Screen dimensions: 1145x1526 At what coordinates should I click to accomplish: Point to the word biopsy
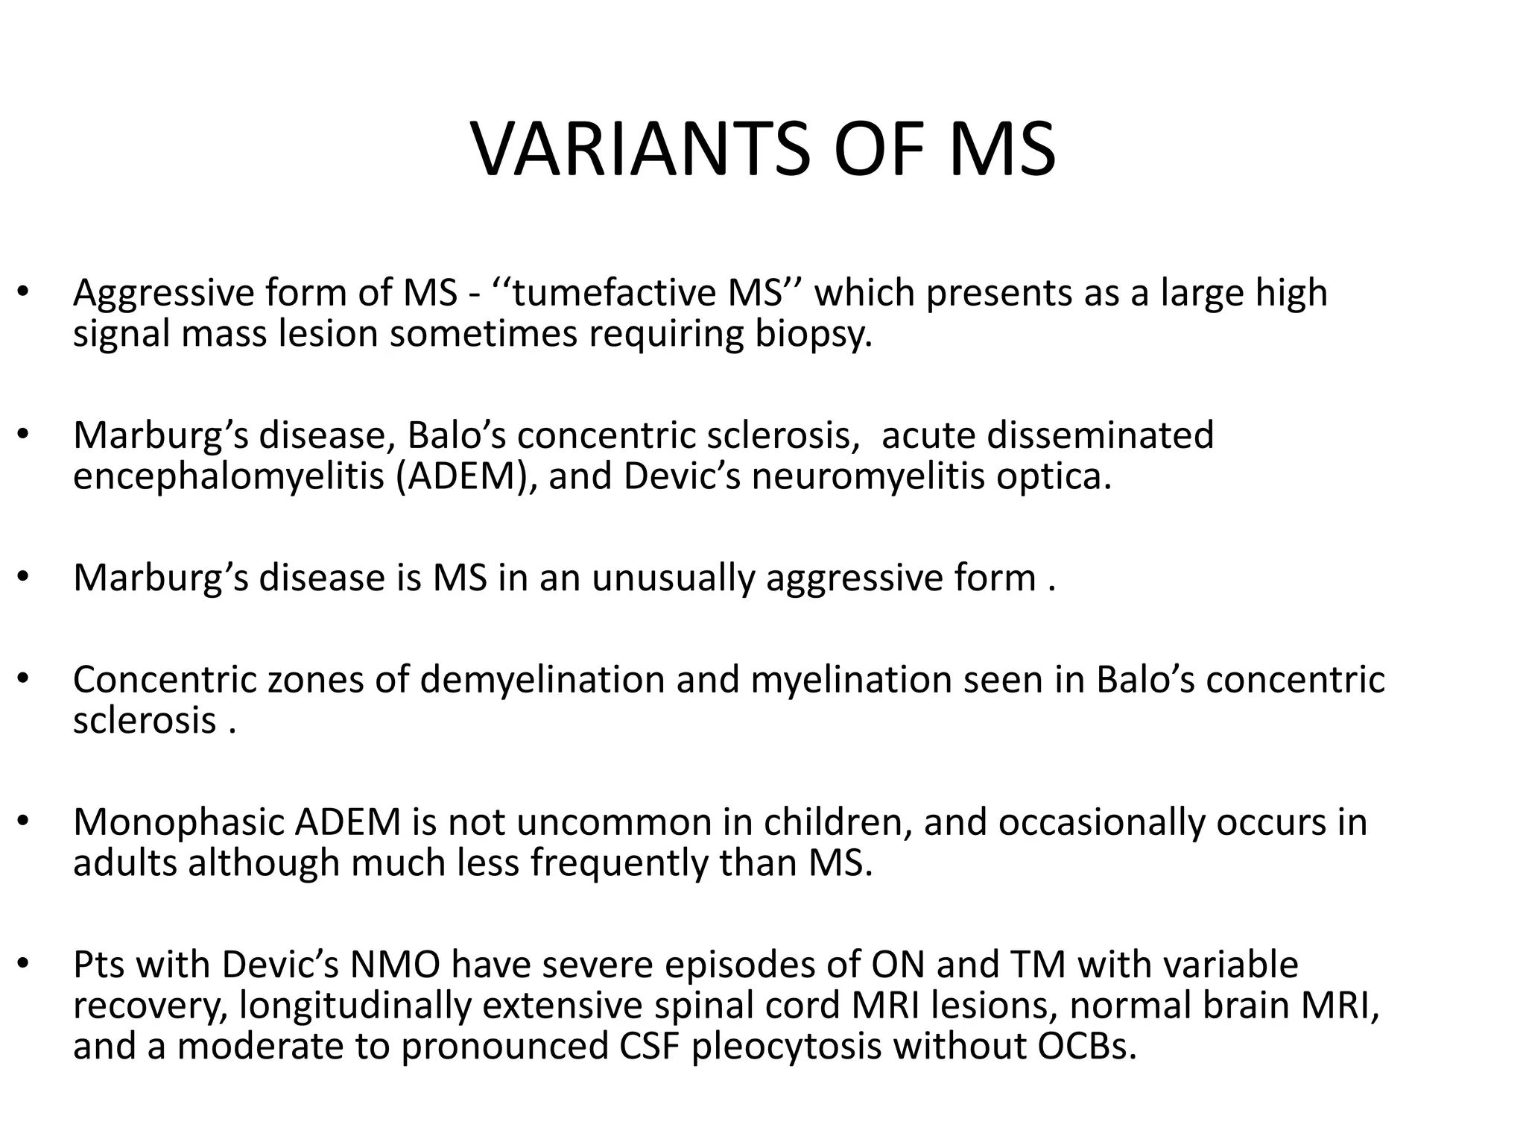coord(813,334)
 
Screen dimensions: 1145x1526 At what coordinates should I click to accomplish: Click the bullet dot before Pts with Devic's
coord(24,966)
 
